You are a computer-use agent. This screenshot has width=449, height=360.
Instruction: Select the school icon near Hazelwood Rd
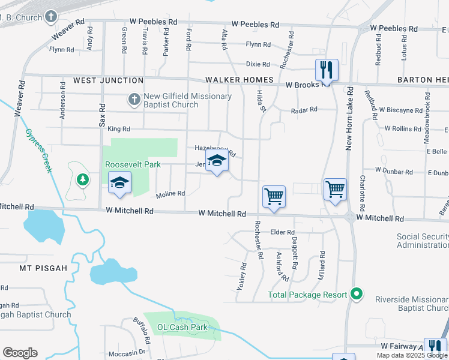point(217,161)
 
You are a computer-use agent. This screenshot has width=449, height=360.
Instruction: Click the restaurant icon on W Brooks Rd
point(327,70)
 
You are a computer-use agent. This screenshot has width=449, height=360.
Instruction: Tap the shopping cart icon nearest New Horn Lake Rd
point(335,189)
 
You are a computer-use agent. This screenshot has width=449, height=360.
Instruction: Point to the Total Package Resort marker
point(357,295)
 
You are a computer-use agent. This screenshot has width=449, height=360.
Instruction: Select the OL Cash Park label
point(182,327)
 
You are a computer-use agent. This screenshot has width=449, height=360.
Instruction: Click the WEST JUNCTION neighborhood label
point(109,80)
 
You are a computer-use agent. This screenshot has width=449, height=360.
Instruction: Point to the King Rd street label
point(119,129)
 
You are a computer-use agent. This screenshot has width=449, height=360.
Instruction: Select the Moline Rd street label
point(170,194)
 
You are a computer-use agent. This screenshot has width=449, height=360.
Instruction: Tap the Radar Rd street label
point(303,110)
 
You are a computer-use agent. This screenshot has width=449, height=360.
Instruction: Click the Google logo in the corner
point(20,353)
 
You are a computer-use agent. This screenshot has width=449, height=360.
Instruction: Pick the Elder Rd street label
point(283,232)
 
